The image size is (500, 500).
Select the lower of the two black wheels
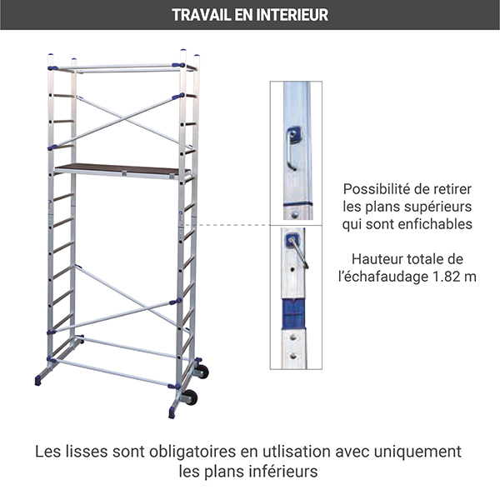(190, 397)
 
